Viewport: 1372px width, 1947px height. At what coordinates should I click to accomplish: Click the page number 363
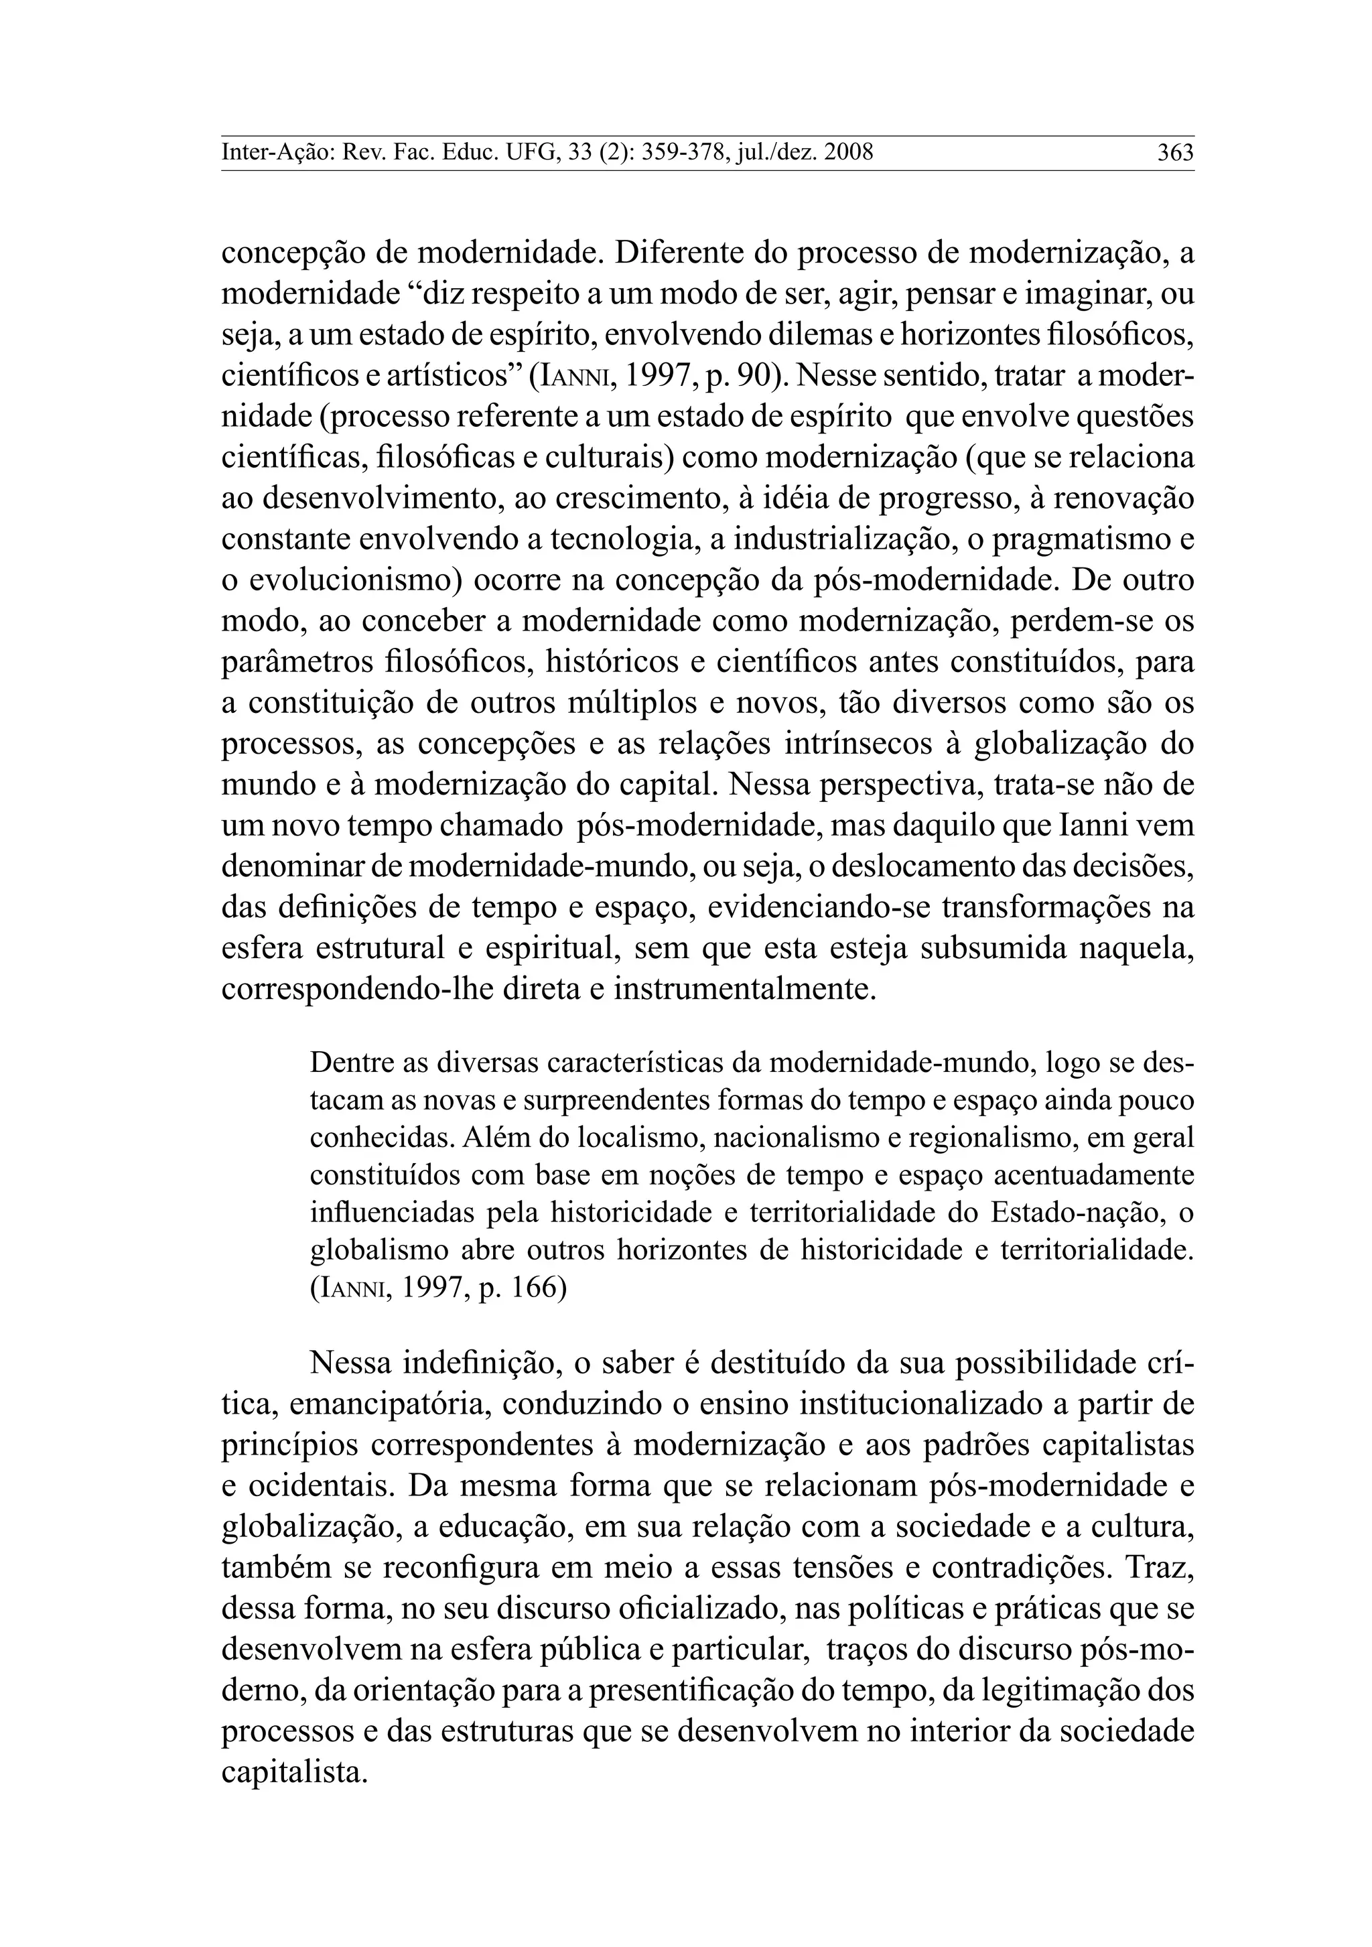click(1175, 153)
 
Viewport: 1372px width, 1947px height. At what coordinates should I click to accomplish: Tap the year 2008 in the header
click(848, 153)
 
